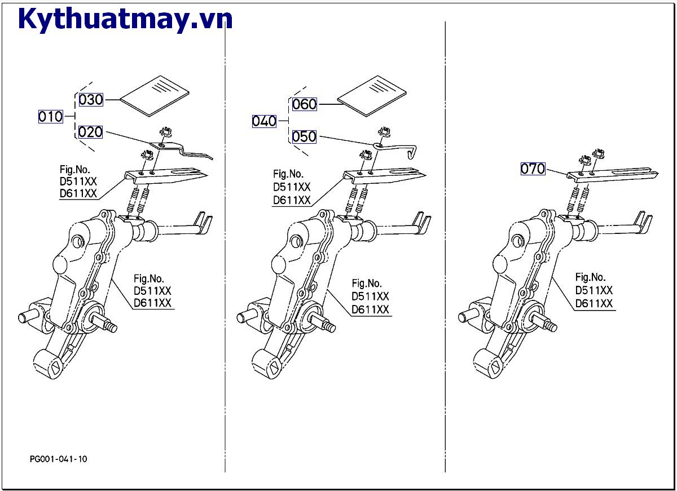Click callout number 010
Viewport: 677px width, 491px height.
[50, 117]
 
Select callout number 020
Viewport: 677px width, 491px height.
[90, 132]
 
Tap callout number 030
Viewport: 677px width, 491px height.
[90, 100]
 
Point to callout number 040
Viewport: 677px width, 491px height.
[264, 121]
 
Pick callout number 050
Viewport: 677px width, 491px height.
[304, 137]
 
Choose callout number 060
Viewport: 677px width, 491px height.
[304, 104]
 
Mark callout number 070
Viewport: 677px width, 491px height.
[533, 169]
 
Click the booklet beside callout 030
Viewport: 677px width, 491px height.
[156, 95]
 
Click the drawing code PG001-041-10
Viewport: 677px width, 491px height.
[59, 459]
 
